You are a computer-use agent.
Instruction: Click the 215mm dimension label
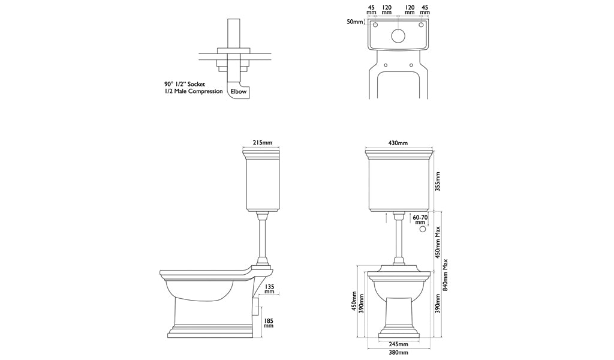point(262,143)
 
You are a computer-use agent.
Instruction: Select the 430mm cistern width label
point(398,143)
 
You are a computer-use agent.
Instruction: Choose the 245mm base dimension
point(398,344)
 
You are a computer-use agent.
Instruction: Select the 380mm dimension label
point(398,353)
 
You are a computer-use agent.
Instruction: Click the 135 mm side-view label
point(269,290)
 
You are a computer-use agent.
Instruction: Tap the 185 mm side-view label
point(268,323)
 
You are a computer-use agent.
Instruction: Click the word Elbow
point(239,92)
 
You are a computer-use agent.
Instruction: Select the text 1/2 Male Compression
point(193,92)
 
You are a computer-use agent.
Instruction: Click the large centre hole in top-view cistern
point(398,35)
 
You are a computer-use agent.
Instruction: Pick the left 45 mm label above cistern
point(371,10)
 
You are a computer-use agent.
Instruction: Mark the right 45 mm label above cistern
point(425,10)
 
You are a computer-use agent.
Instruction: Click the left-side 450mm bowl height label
point(354,302)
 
